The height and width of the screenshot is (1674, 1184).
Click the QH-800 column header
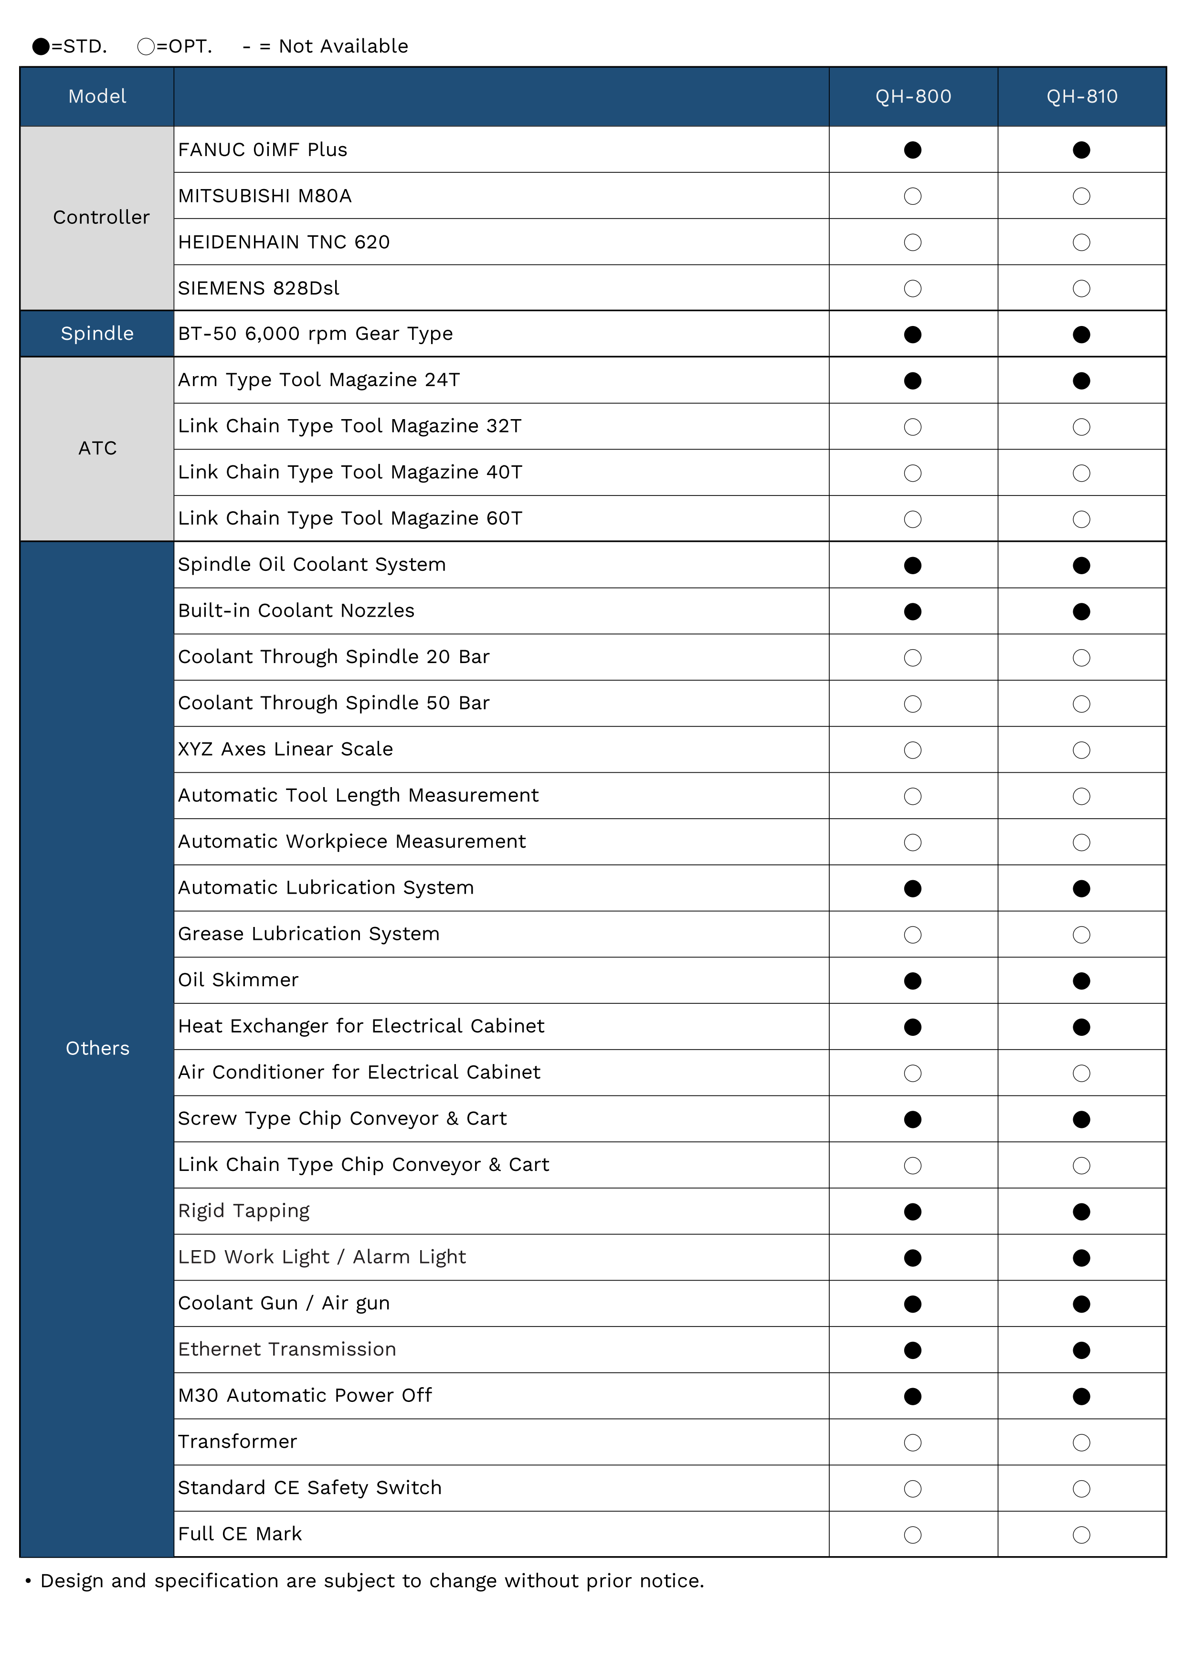pyautogui.click(x=913, y=96)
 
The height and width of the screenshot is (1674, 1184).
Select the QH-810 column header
pyautogui.click(x=1081, y=96)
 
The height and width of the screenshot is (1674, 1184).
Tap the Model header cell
pyautogui.click(x=97, y=96)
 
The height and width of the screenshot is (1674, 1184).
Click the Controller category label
pyautogui.click(x=101, y=217)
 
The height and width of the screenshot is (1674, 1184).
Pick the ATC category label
pyautogui.click(x=97, y=448)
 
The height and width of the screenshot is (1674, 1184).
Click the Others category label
pyautogui.click(x=97, y=1048)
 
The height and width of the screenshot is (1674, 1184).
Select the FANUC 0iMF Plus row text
pyautogui.click(x=263, y=149)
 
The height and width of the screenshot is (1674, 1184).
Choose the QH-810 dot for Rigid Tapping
pyautogui.click(x=1081, y=1212)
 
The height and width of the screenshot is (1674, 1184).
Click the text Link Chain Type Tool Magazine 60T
pyautogui.click(x=350, y=518)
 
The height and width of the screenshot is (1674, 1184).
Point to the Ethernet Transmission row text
pyautogui.click(x=286, y=1349)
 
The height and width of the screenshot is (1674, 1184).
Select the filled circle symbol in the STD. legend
pyautogui.click(x=41, y=47)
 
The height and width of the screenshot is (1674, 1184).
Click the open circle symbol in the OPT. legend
pyautogui.click(x=146, y=47)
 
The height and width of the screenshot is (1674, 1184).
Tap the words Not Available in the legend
pyautogui.click(x=343, y=47)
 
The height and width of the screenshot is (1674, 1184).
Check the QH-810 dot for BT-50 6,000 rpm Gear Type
pyautogui.click(x=1081, y=335)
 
